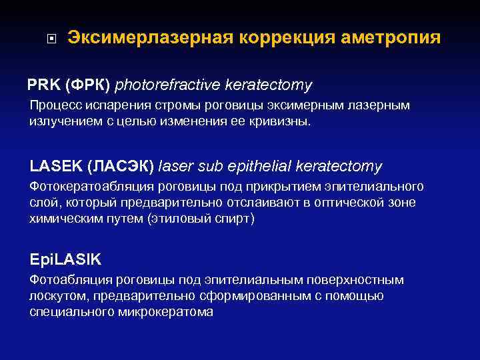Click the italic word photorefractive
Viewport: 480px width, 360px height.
tap(168, 85)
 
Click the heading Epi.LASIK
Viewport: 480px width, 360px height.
tap(65, 259)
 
